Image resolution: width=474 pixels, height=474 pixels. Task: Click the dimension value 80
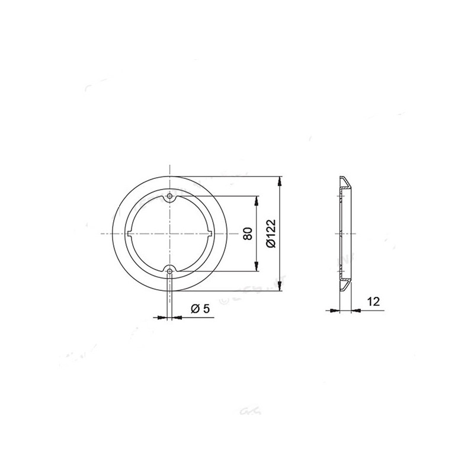pyautogui.click(x=248, y=233)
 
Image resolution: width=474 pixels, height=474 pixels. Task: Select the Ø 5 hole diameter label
pyautogui.click(x=200, y=309)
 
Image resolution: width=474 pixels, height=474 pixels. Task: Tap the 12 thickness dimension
pyautogui.click(x=373, y=302)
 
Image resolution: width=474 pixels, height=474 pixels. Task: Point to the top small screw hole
pyautogui.click(x=170, y=196)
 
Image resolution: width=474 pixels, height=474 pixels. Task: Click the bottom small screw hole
pyautogui.click(x=170, y=271)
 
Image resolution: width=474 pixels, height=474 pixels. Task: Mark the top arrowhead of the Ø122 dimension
pyautogui.click(x=280, y=179)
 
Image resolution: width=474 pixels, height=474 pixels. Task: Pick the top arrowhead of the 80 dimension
pyautogui.click(x=256, y=200)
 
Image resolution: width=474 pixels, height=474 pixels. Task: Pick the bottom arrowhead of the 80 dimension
pyautogui.click(x=256, y=268)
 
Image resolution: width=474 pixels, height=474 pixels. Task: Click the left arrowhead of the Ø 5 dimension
pyautogui.click(x=164, y=317)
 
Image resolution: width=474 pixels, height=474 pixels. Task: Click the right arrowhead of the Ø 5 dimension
pyautogui.click(x=176, y=317)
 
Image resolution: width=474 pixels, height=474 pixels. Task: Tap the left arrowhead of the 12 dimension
pyautogui.click(x=334, y=310)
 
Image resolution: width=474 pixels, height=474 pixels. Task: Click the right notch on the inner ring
pyautogui.click(x=210, y=233)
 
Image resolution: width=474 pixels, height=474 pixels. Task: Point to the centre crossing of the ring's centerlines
pyautogui.click(x=170, y=233)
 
